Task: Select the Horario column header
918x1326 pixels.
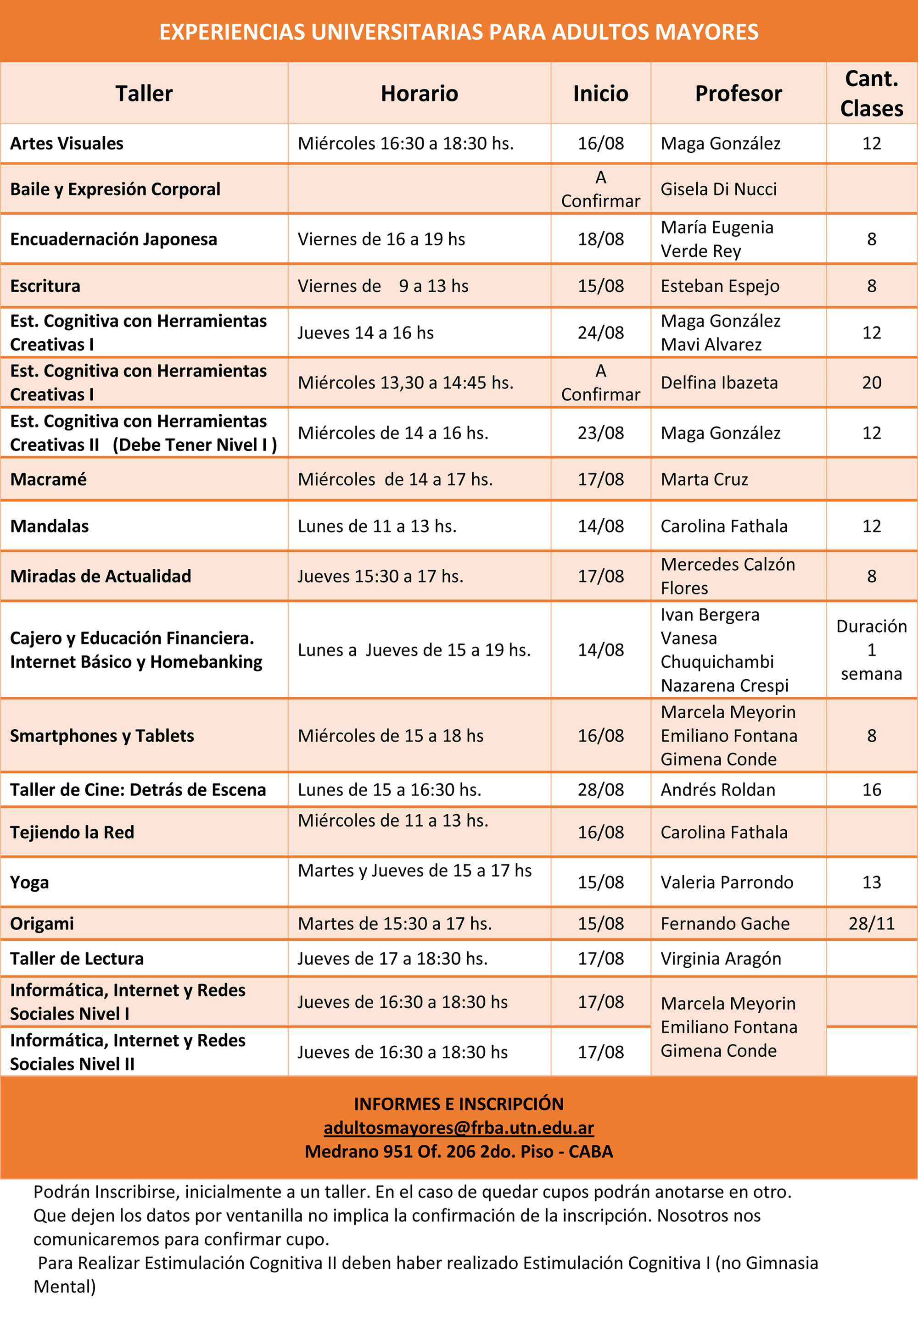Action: pyautogui.click(x=420, y=93)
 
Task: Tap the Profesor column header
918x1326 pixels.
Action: pyautogui.click(x=738, y=93)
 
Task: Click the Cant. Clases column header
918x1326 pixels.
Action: pyautogui.click(x=871, y=93)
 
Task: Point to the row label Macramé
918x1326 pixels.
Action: pyautogui.click(x=48, y=479)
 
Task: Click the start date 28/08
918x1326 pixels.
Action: pyautogui.click(x=600, y=789)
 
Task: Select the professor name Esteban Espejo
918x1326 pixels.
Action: pyautogui.click(x=720, y=286)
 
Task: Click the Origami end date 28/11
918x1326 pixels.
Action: pyautogui.click(x=871, y=923)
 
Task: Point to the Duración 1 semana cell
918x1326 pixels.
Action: pyautogui.click(x=871, y=649)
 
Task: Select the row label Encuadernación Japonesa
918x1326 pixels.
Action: pyautogui.click(x=113, y=239)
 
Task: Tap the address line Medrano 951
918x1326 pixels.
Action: pyautogui.click(x=459, y=1151)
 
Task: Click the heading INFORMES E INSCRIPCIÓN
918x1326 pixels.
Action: pyautogui.click(x=459, y=1104)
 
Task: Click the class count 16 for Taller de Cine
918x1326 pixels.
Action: pyautogui.click(x=871, y=789)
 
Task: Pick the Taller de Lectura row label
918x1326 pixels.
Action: pyautogui.click(x=77, y=958)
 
